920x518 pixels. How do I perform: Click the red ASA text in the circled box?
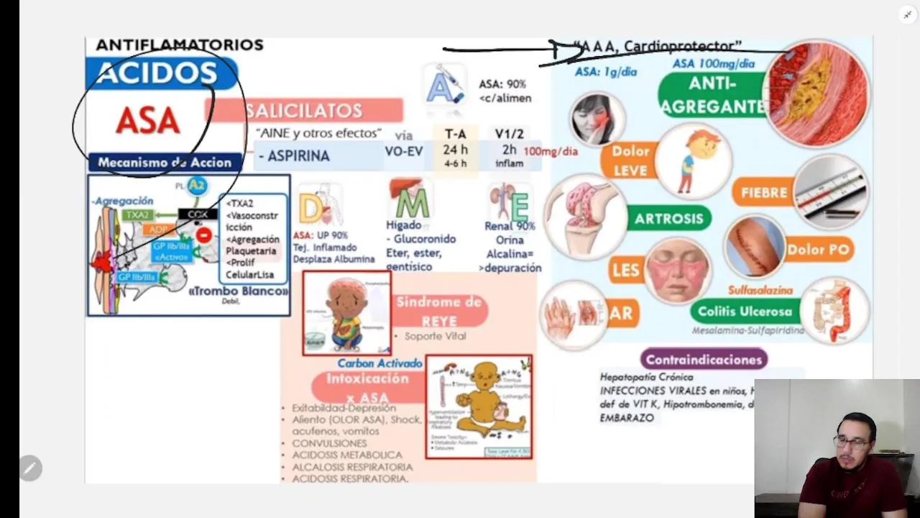[x=147, y=121]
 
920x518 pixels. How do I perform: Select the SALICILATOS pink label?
[x=304, y=111]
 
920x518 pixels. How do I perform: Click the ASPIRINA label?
[x=295, y=155]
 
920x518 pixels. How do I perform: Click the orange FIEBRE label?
[x=763, y=193]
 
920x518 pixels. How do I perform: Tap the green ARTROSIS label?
[x=668, y=219]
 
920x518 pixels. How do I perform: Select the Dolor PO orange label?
[x=818, y=250]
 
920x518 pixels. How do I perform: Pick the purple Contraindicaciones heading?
[x=704, y=359]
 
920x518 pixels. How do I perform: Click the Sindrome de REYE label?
[x=439, y=311]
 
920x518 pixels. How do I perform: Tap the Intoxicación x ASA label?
[x=367, y=387]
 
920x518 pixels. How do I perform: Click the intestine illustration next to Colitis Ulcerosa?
[x=834, y=311]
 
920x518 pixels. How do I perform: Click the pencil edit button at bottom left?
[x=30, y=468]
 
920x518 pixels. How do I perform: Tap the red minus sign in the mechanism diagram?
[x=203, y=235]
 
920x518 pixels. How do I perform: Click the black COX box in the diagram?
[x=198, y=214]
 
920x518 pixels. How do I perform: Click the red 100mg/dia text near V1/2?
[x=551, y=152]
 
